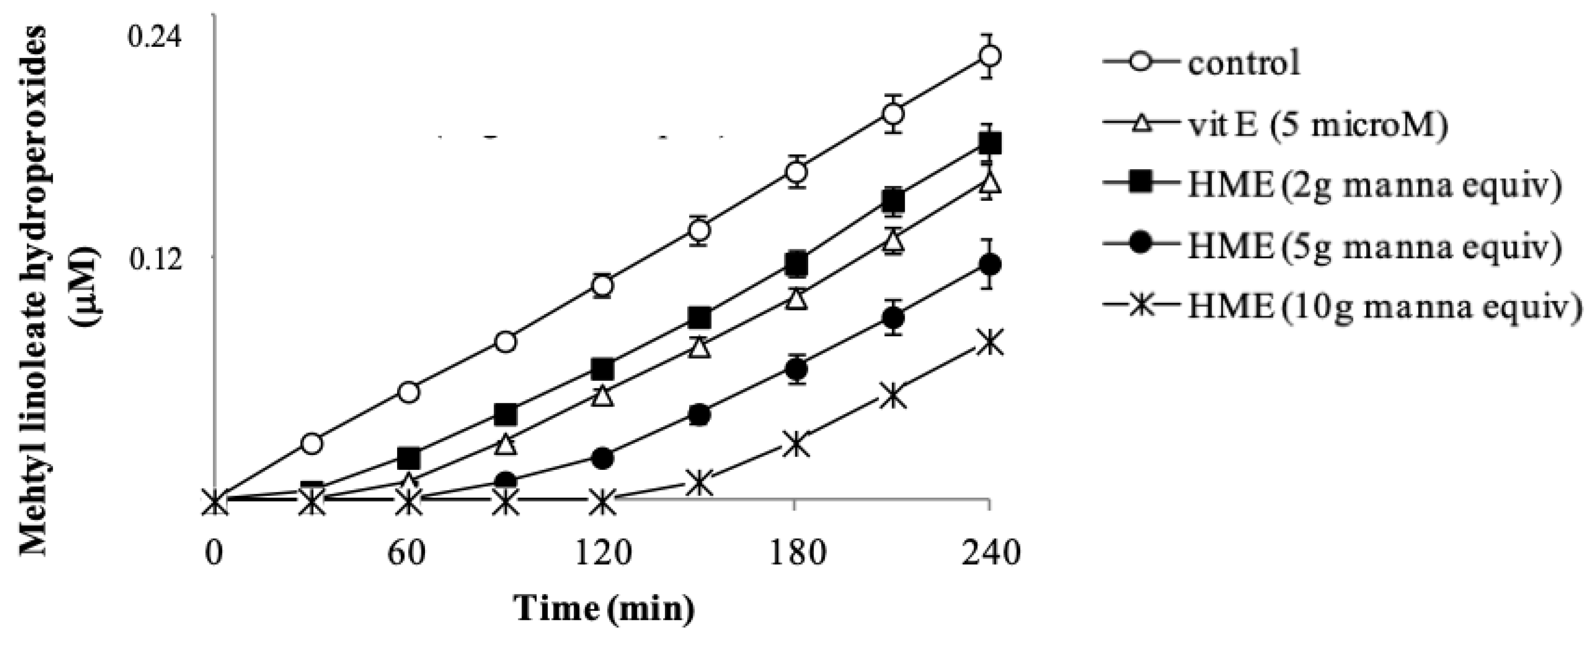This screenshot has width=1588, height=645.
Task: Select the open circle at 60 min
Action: click(x=409, y=392)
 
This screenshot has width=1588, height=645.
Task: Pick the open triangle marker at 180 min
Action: click(x=796, y=299)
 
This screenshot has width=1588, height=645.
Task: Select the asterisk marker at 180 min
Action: click(x=796, y=444)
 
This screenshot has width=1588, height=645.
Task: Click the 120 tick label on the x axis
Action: click(x=602, y=554)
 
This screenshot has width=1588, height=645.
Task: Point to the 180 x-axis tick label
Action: click(x=796, y=554)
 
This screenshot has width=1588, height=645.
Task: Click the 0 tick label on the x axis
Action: click(x=214, y=554)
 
